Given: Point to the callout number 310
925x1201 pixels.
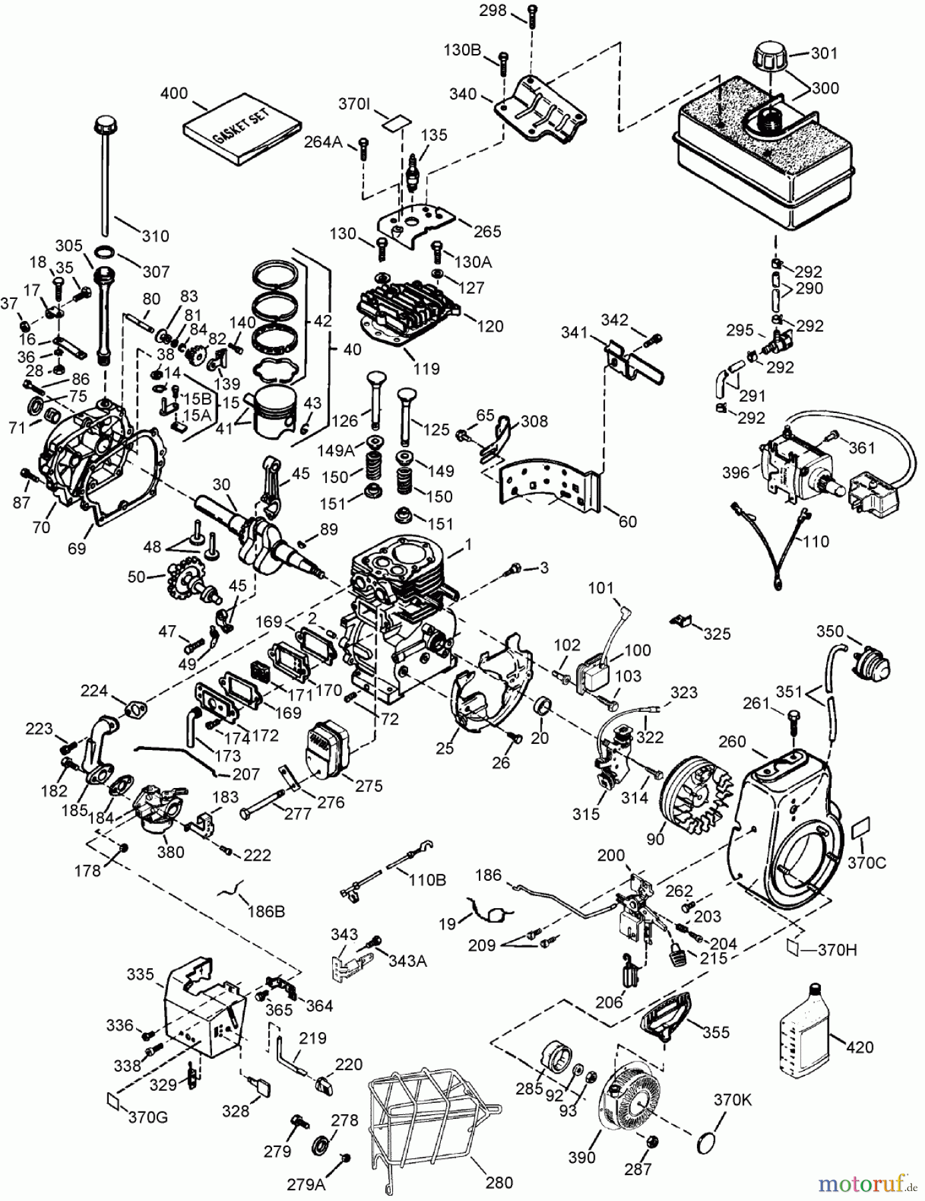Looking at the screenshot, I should point(155,236).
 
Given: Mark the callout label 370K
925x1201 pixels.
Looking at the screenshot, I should point(732,1099).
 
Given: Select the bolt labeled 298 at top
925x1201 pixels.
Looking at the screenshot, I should point(532,17).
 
